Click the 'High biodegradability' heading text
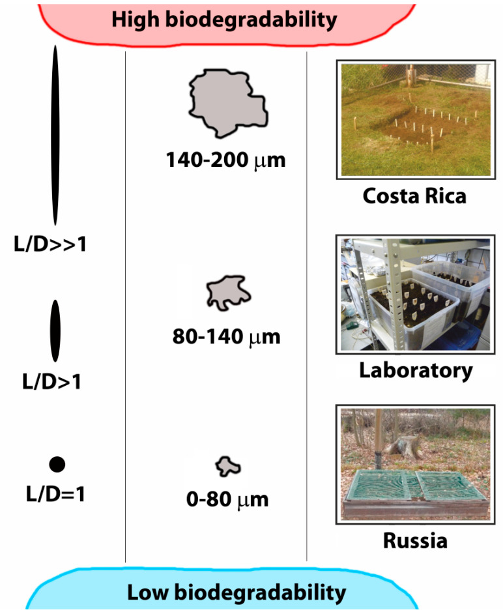[224, 20]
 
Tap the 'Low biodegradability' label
[236, 592]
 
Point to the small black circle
[57, 464]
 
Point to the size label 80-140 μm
[225, 337]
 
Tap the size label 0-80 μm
[226, 501]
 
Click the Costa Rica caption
[414, 196]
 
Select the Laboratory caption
[416, 370]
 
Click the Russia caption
[415, 541]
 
